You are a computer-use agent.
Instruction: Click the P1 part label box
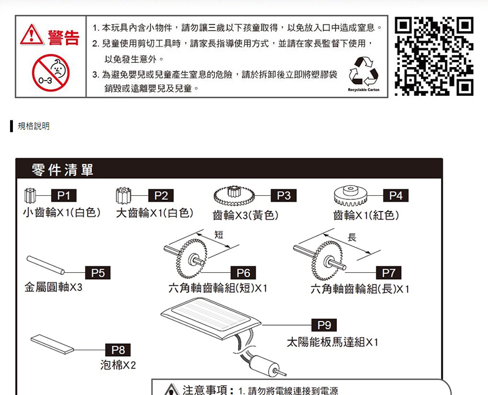pos(63,196)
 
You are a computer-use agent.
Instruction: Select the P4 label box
pos(396,196)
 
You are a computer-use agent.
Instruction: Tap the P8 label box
pos(118,350)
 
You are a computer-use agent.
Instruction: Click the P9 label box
pos(324,325)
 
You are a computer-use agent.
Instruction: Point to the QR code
pos(434,56)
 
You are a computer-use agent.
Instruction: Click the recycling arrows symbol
pos(363,72)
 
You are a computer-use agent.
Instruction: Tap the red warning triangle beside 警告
pos(32,35)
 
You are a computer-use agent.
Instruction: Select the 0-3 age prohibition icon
pos(51,73)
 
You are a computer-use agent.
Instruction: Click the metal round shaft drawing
pos(45,265)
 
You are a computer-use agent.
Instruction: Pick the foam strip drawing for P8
pos(52,344)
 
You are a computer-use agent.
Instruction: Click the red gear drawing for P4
pos(350,196)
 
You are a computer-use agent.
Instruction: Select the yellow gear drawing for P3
pos(234,195)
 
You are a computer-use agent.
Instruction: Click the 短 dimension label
pos(219,235)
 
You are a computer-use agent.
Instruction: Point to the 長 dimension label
pos(352,237)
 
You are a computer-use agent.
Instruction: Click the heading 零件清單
pos(62,170)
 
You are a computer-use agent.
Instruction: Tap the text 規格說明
pos(34,126)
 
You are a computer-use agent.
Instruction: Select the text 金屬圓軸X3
pos(54,287)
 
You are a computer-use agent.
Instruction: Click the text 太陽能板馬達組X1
pos(332,342)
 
